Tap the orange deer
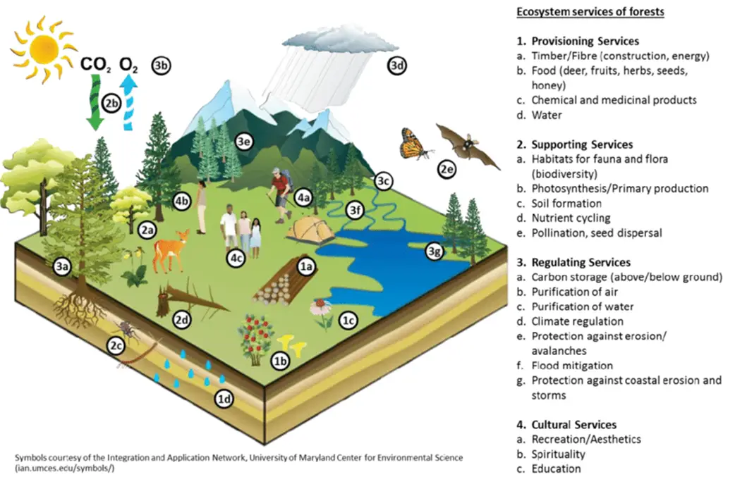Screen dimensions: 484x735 [170, 250]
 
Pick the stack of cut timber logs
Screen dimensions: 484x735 [282, 280]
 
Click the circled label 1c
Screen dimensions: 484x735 [348, 320]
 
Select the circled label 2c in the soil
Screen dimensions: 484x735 [116, 345]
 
